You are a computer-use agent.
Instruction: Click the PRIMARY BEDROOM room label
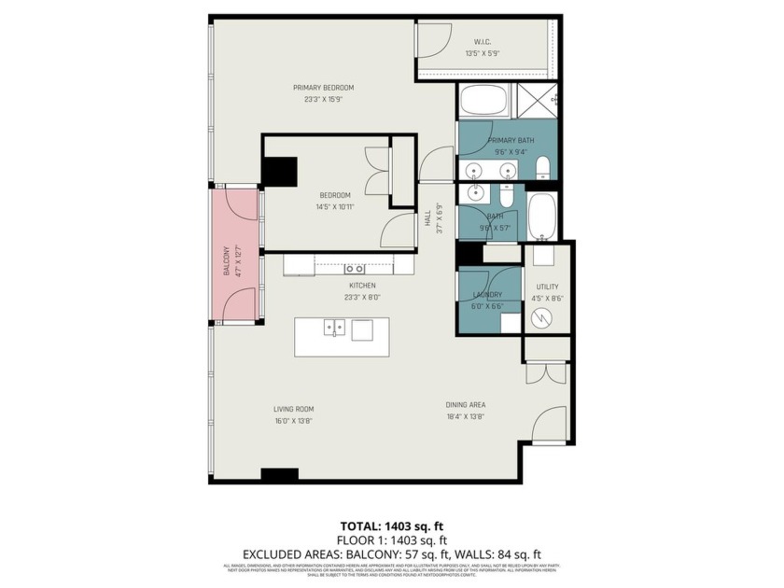315,88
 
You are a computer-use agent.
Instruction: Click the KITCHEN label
362,285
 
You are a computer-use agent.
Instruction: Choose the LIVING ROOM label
293,408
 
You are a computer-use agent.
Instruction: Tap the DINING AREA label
465,404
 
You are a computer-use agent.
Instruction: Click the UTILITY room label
548,287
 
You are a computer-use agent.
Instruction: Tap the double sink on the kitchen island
334,328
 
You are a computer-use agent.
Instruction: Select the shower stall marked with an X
538,98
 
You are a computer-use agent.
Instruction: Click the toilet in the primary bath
543,168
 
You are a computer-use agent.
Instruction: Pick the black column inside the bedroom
279,172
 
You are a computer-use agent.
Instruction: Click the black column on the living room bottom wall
279,474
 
